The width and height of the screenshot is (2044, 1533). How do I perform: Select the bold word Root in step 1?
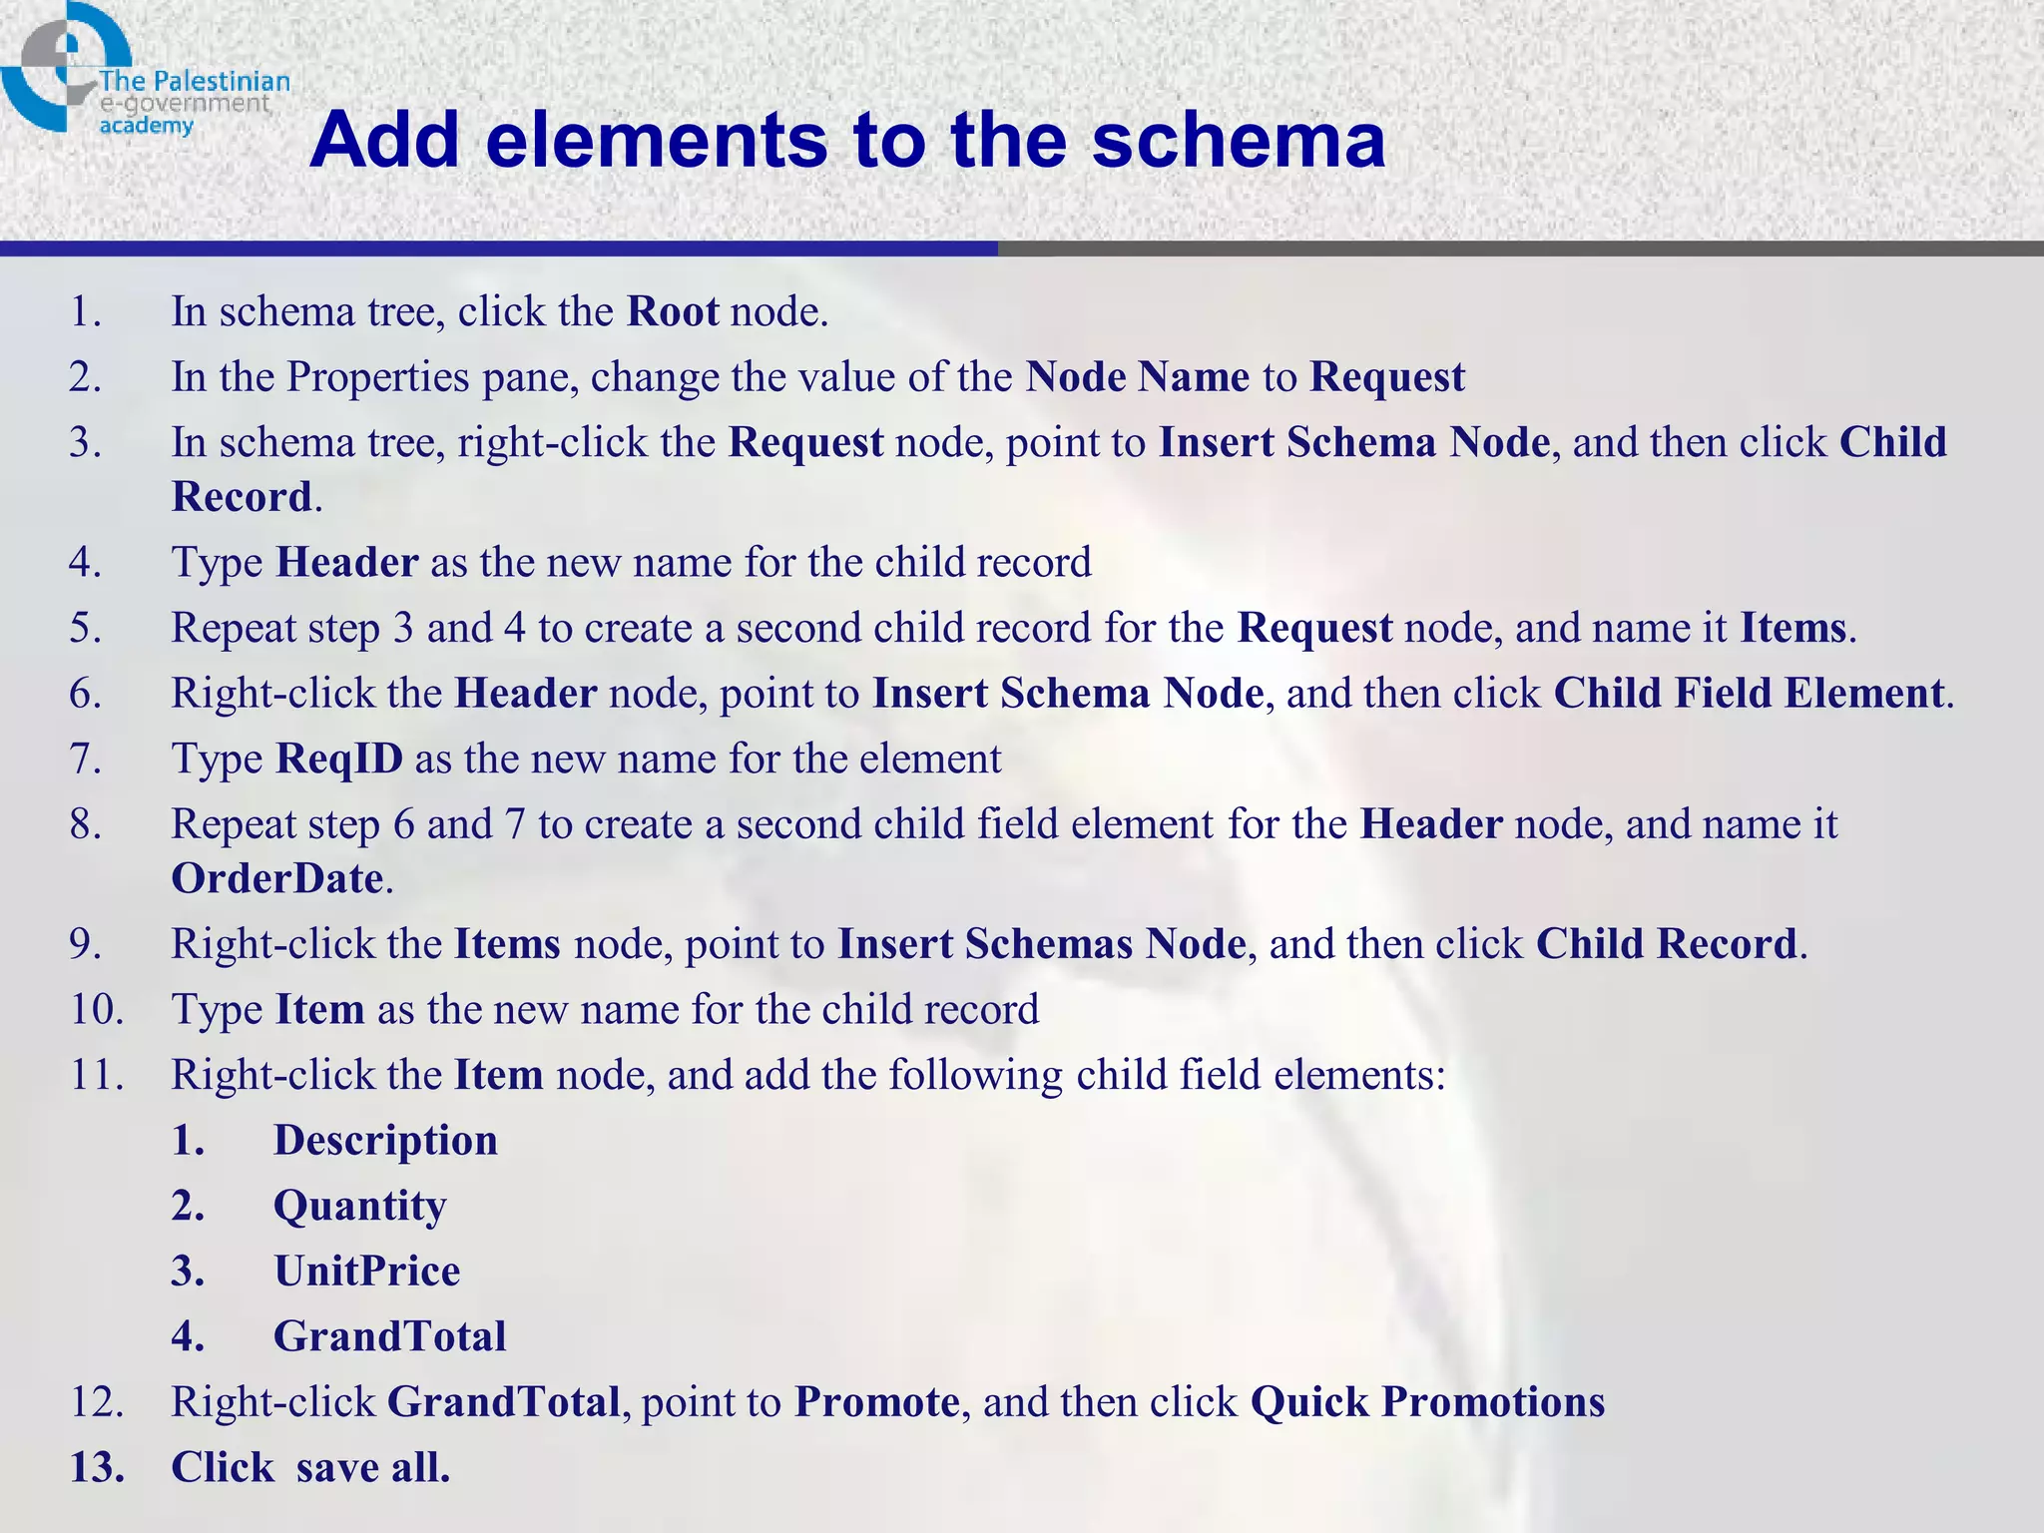point(672,312)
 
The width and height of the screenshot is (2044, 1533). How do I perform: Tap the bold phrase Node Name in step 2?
point(1137,377)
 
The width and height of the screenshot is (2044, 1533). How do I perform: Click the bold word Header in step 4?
point(346,563)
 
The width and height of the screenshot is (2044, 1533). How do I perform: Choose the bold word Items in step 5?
point(1792,628)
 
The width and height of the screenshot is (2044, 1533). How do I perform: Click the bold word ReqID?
point(339,760)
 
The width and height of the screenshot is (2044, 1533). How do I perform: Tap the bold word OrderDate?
point(277,879)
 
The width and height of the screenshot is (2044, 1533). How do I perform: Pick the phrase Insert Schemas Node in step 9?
point(1041,944)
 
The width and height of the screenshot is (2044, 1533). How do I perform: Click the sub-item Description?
point(385,1141)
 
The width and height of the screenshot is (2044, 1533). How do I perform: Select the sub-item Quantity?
point(359,1207)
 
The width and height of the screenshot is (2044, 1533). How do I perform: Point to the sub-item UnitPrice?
point(366,1272)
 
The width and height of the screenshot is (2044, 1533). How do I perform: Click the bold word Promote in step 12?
point(876,1402)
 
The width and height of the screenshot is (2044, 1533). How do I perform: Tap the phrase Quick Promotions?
point(1427,1402)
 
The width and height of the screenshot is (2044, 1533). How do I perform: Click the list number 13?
point(97,1468)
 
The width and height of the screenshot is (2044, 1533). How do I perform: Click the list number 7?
point(86,760)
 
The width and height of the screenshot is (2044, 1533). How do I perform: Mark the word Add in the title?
point(385,140)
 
